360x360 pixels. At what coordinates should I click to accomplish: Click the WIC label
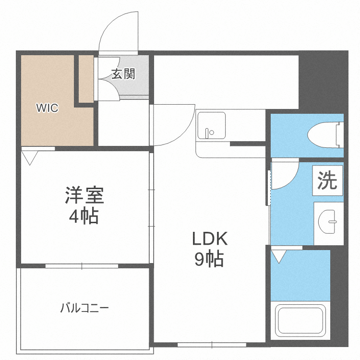(48, 108)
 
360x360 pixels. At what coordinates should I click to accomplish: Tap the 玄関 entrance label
(123, 74)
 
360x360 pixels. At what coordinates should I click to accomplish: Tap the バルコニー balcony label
(84, 308)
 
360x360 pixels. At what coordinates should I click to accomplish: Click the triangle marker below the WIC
(30, 158)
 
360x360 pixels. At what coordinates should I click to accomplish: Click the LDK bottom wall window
(212, 344)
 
